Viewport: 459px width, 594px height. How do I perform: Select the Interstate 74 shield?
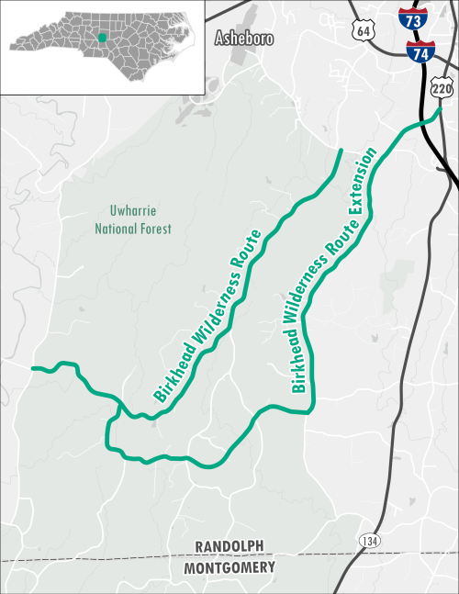click(x=421, y=52)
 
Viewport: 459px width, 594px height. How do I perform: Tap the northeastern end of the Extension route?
click(x=439, y=111)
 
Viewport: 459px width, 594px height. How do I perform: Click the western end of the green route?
click(x=34, y=368)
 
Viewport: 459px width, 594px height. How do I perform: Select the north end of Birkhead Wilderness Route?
click(x=341, y=151)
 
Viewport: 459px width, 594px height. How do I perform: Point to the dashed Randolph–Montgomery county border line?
click(x=110, y=558)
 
